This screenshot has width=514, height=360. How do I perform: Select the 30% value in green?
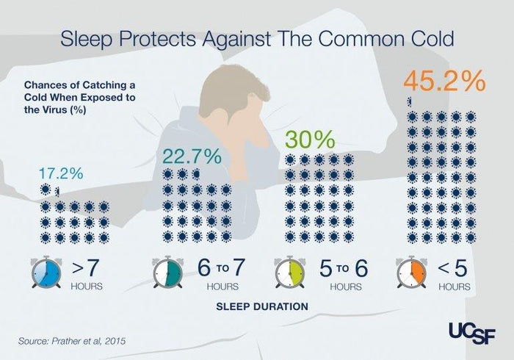(x=309, y=140)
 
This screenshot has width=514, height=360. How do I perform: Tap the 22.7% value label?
(x=191, y=156)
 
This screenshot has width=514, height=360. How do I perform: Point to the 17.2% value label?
(x=60, y=174)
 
